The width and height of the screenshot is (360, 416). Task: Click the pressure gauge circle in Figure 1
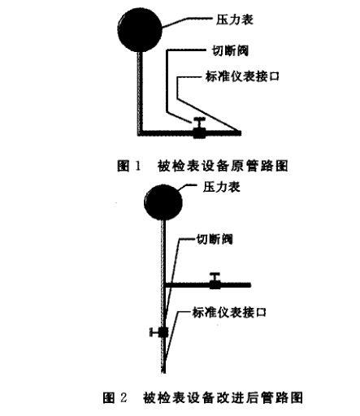(140, 30)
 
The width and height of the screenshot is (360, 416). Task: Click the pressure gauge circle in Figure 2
(163, 202)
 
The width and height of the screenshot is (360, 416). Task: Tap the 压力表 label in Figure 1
(235, 19)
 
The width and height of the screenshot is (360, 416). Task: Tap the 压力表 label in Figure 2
(222, 187)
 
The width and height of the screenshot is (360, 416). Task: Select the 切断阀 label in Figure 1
(230, 50)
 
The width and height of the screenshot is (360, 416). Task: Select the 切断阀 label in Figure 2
(215, 240)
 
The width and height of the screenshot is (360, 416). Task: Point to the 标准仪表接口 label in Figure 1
(242, 76)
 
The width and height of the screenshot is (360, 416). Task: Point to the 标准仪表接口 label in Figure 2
(229, 312)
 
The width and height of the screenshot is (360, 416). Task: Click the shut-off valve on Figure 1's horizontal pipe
(199, 128)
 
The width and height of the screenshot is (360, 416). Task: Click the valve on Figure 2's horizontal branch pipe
(215, 281)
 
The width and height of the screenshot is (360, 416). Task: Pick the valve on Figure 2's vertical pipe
(159, 332)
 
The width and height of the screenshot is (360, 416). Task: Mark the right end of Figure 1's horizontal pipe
(241, 133)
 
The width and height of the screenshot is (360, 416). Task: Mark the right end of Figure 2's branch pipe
(250, 285)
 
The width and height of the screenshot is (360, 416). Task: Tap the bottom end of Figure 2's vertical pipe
(163, 372)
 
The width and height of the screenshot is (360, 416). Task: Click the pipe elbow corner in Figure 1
(140, 133)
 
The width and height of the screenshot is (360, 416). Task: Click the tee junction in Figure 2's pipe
(163, 285)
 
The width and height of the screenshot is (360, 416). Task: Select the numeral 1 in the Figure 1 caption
(138, 166)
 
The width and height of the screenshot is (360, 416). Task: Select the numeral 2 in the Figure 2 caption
(123, 397)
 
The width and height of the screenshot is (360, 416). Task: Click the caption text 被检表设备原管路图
(223, 166)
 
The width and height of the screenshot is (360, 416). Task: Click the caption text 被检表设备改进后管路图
(223, 397)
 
